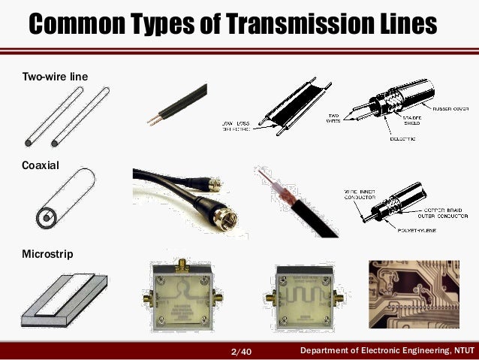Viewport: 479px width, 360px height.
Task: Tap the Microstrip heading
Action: point(48,254)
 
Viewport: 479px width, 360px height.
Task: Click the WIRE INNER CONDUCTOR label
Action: point(362,196)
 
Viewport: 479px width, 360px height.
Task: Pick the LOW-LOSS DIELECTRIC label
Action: point(237,125)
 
